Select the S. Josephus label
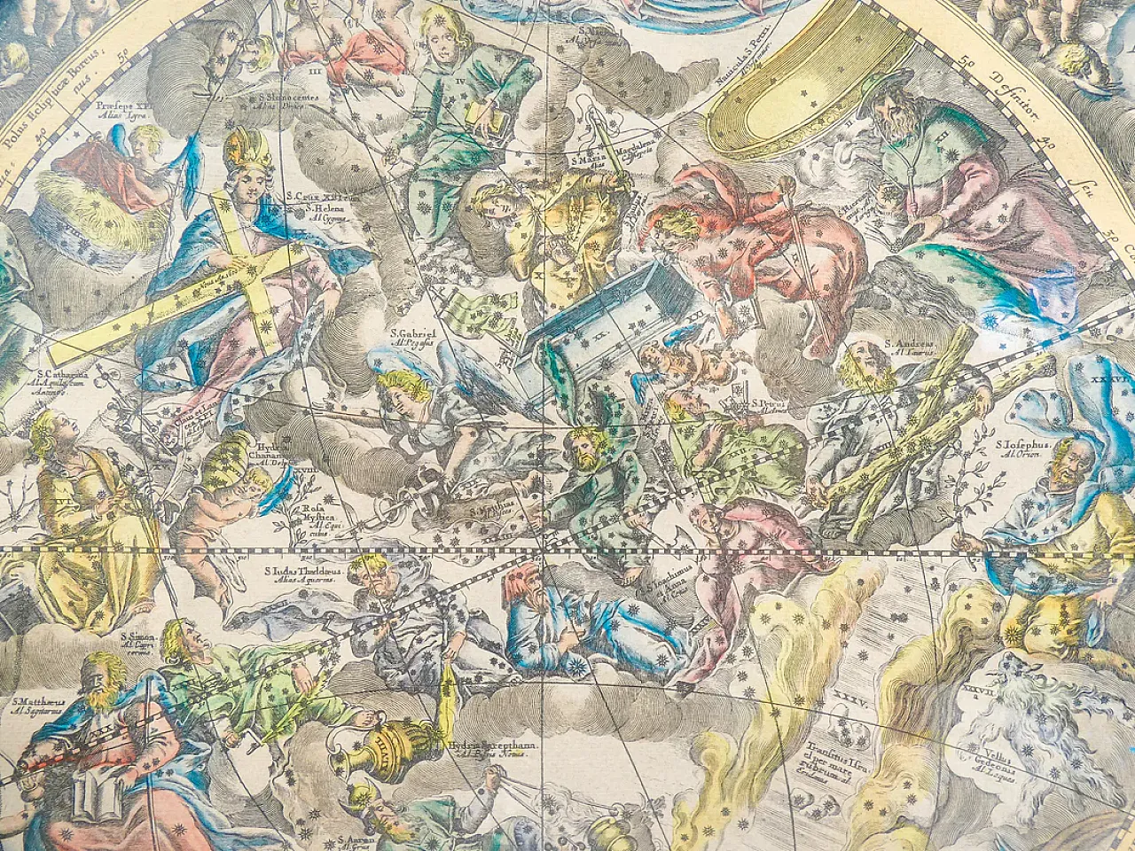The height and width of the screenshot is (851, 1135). point(1021,446)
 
